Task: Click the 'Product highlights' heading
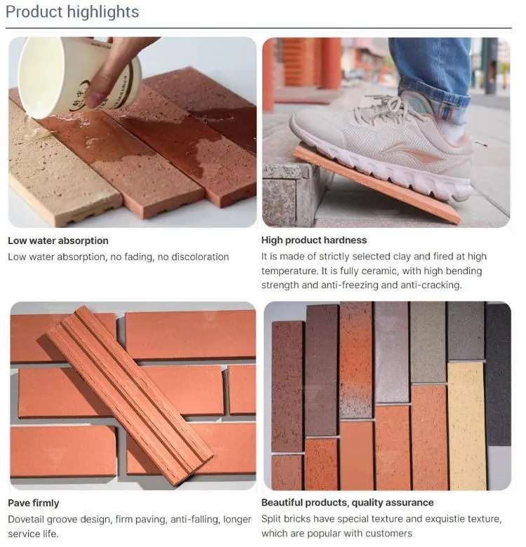click(72, 12)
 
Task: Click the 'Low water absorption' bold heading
click(58, 241)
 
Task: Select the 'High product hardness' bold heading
click(314, 240)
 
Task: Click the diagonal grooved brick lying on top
click(130, 396)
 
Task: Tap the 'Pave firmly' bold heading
click(34, 503)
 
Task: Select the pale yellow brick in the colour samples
click(466, 426)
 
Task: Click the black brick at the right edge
click(498, 375)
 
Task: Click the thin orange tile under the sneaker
click(377, 184)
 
